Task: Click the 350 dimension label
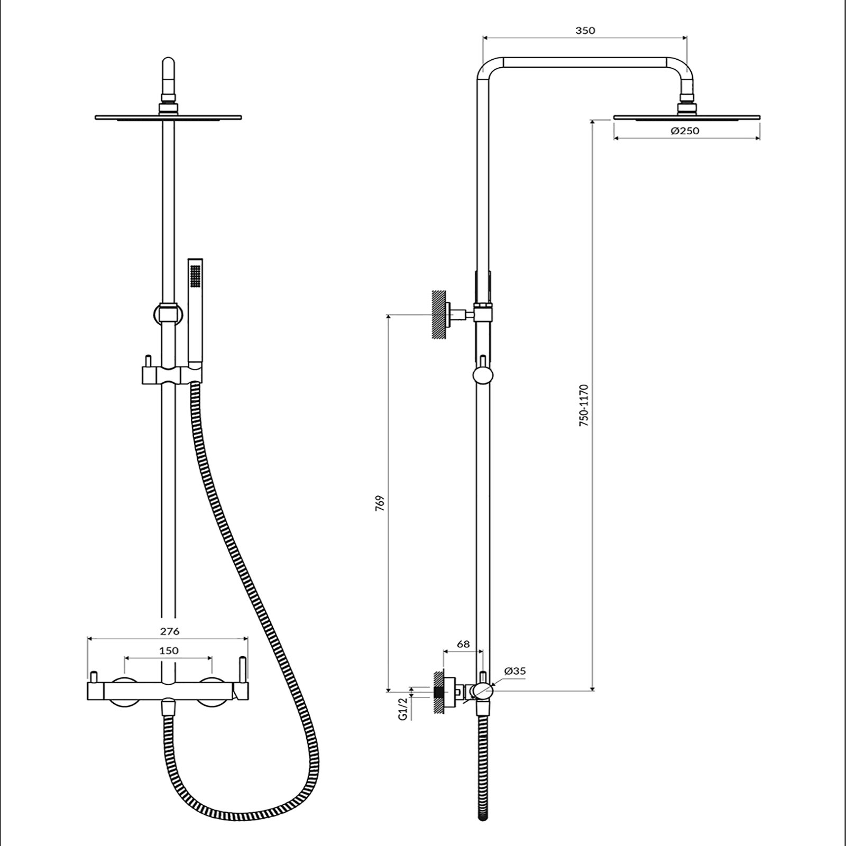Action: click(585, 30)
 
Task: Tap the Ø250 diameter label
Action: click(685, 131)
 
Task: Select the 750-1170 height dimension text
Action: click(584, 406)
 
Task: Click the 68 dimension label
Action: click(463, 644)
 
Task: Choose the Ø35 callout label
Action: click(515, 671)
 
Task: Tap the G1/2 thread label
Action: click(403, 709)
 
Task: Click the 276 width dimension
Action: click(170, 631)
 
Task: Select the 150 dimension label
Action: click(169, 651)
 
